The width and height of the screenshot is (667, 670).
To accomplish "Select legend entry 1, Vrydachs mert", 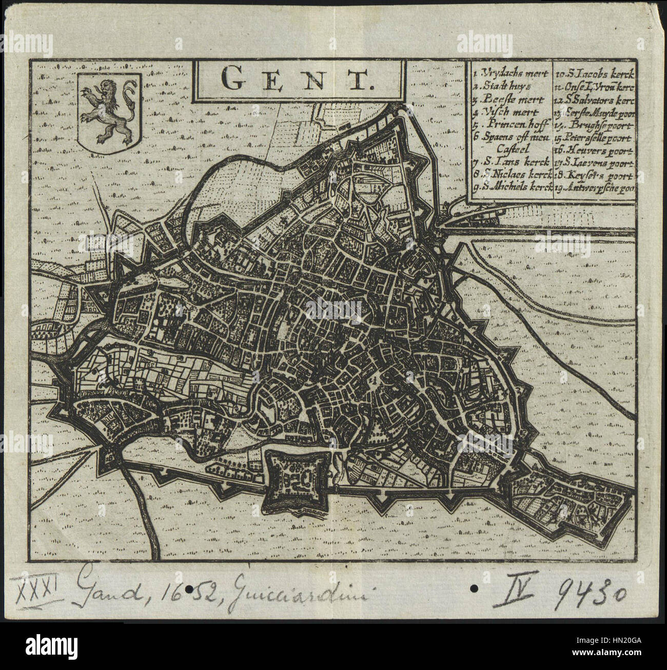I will (x=511, y=74).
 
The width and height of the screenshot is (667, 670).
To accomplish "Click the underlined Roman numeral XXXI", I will (x=44, y=586).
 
